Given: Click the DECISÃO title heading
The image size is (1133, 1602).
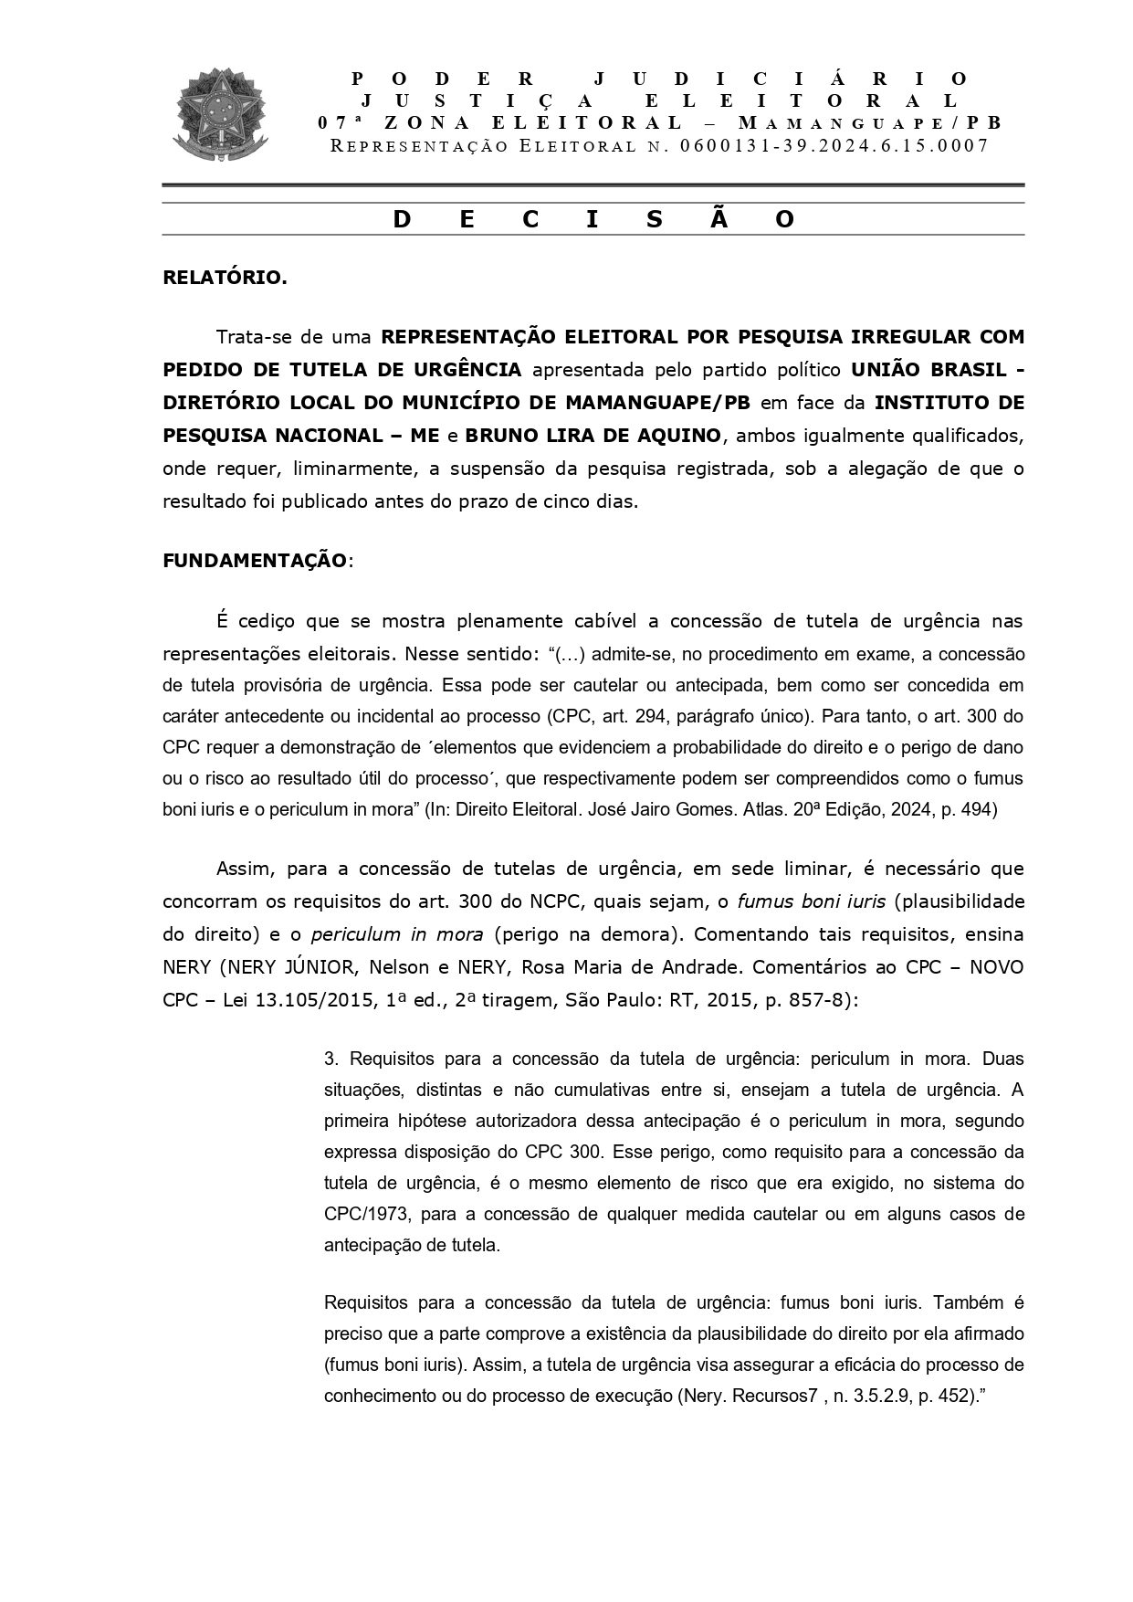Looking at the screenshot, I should coord(593,220).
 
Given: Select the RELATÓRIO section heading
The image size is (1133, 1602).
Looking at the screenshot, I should coord(224,278).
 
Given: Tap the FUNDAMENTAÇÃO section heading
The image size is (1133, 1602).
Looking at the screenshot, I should coord(255,560).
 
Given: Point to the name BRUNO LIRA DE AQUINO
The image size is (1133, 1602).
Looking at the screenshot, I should coord(593,436).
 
